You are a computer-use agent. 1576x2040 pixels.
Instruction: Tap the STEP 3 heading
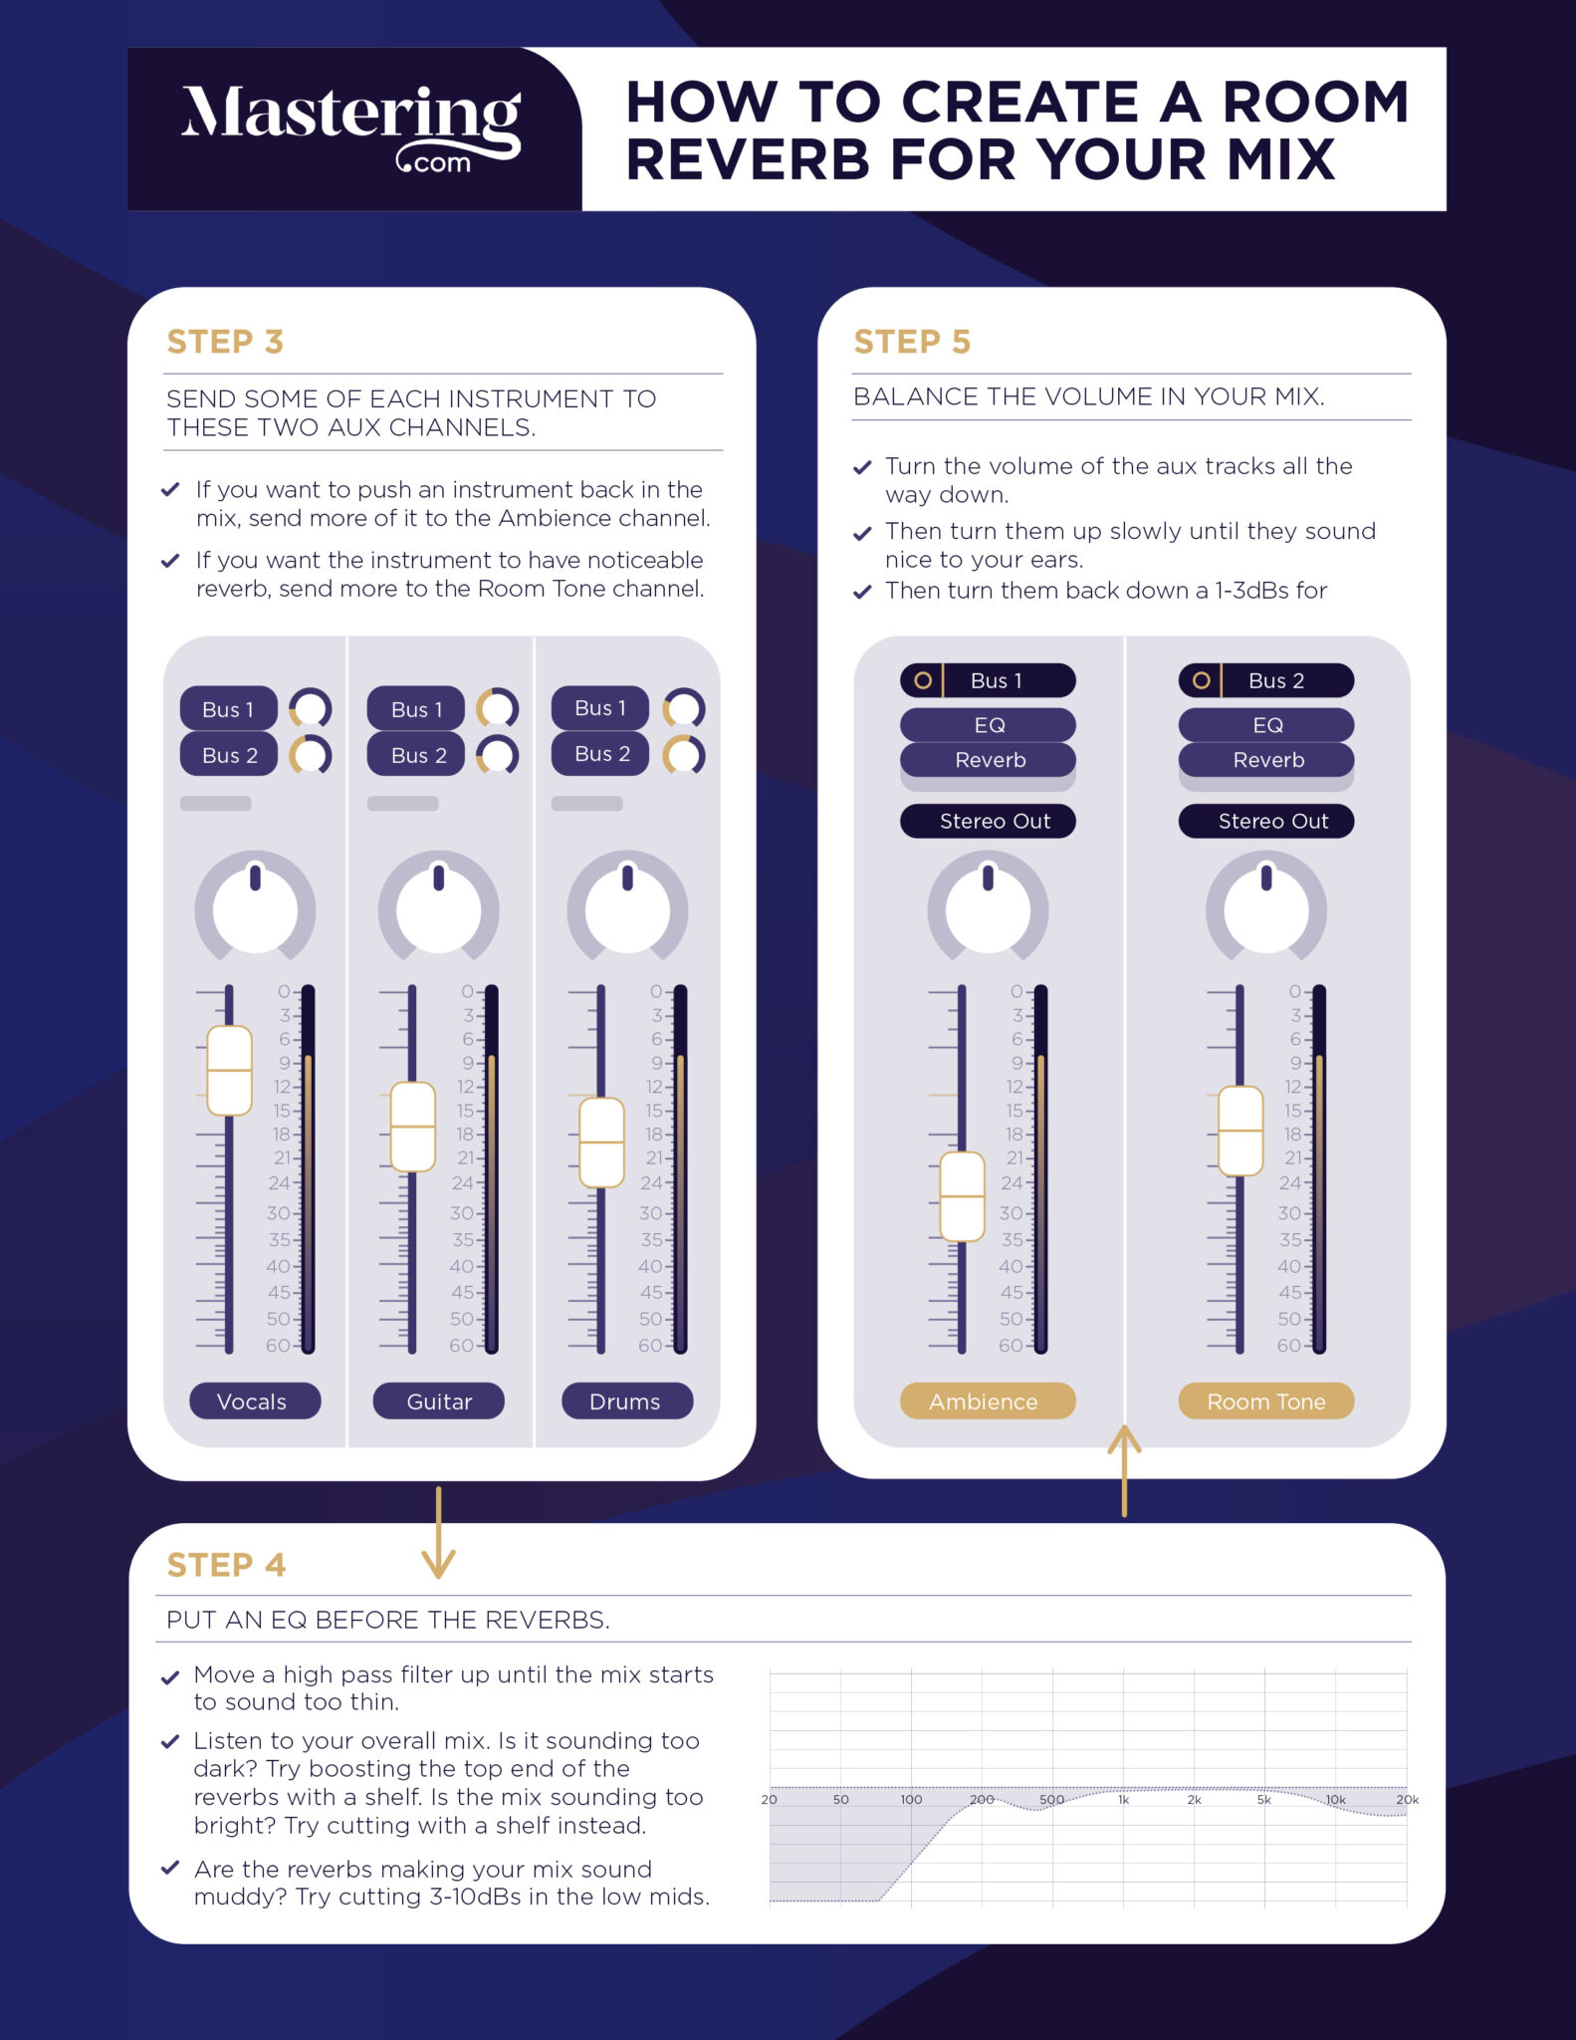click(x=225, y=342)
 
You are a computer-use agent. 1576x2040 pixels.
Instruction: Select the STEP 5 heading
click(x=911, y=342)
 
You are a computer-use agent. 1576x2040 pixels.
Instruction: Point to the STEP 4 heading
click(x=226, y=1565)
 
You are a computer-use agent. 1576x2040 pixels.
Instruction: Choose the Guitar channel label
click(x=438, y=1401)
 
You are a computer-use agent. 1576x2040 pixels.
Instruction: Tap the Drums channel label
click(x=626, y=1401)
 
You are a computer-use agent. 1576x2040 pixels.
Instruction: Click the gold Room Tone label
click(x=1265, y=1401)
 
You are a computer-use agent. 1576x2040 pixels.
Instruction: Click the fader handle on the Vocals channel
click(x=229, y=1071)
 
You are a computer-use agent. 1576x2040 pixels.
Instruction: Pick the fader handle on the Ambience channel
click(x=962, y=1196)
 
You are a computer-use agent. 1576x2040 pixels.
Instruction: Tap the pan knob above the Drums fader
click(x=627, y=906)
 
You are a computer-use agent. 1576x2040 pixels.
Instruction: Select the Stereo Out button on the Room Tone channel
click(x=1265, y=821)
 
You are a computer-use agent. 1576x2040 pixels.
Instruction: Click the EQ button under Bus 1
click(x=988, y=725)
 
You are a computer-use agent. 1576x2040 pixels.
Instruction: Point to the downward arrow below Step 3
click(x=438, y=1534)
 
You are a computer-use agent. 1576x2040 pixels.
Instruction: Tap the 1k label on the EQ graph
click(x=1123, y=1800)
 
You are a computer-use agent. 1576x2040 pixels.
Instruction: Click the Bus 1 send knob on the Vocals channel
click(x=311, y=709)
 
